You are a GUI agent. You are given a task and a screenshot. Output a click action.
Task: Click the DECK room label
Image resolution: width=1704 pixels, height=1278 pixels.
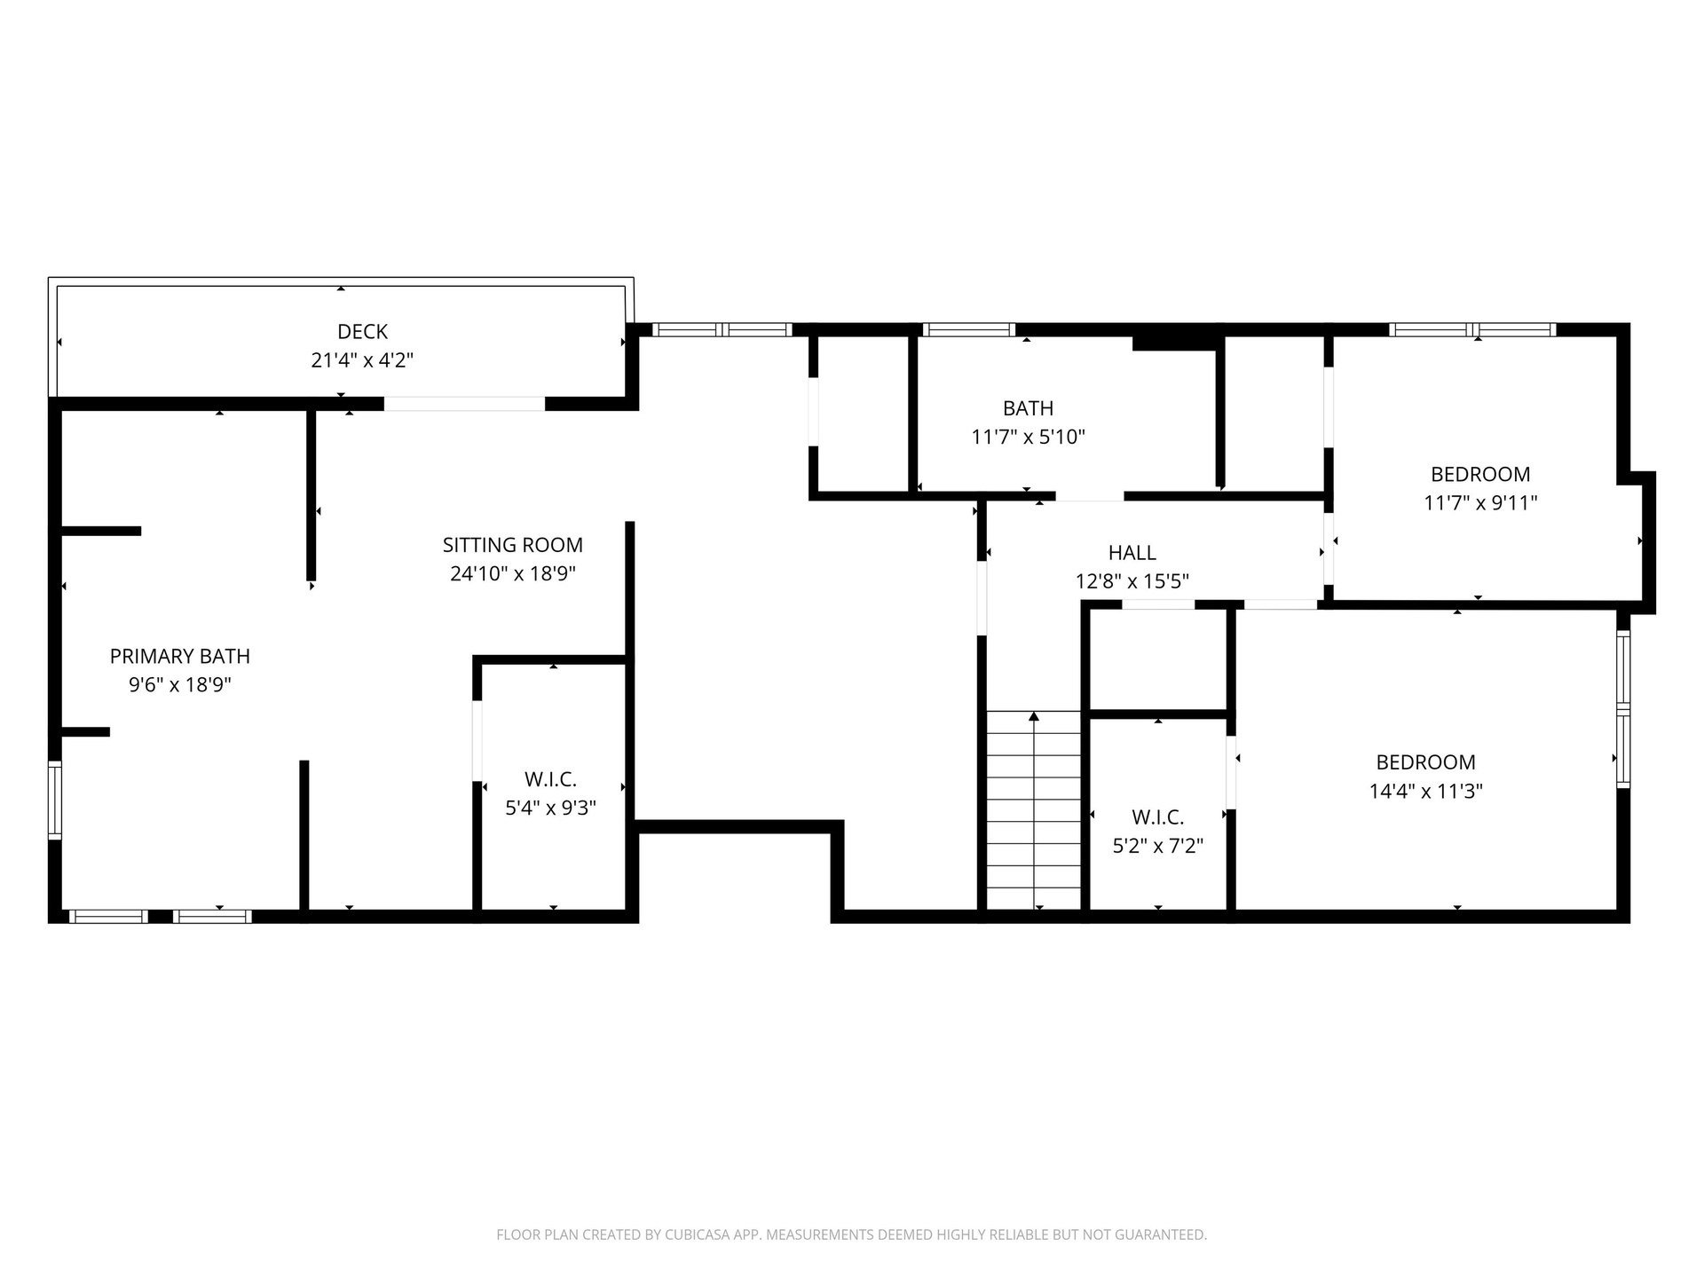[x=362, y=332]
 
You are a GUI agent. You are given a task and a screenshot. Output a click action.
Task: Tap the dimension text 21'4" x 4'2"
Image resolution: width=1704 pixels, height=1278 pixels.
[x=362, y=360]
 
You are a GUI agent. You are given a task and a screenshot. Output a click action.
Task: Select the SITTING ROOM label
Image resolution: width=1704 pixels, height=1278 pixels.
[x=513, y=545]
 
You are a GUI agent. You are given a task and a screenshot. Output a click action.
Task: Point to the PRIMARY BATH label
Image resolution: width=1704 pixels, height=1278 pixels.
[x=180, y=656]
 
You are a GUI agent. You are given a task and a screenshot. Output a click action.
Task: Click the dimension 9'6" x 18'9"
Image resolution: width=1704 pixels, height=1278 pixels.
[x=180, y=685]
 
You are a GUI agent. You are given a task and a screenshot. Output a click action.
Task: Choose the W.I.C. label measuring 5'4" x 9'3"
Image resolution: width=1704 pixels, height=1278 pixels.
[x=550, y=779]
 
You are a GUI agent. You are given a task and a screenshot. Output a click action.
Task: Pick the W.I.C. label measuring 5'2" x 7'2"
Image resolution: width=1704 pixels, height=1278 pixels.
[x=1157, y=817]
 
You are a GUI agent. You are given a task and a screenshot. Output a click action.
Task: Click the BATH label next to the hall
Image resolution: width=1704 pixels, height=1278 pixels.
[x=1028, y=408]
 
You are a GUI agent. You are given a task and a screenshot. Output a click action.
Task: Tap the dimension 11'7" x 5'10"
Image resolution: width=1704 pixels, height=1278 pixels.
[x=1028, y=437]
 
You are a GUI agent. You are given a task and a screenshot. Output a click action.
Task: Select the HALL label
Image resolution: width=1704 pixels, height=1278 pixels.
[x=1132, y=553]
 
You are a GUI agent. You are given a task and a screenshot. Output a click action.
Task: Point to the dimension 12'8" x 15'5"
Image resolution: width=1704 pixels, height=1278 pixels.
[x=1132, y=581]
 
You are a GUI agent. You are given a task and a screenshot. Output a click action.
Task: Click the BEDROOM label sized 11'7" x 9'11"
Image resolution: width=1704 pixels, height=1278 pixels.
[x=1480, y=474]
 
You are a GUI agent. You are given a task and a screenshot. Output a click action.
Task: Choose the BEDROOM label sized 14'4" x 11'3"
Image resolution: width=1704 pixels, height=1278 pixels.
[x=1425, y=762]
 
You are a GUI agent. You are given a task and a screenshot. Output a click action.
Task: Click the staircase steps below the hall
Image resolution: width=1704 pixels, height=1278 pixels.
[x=1034, y=810]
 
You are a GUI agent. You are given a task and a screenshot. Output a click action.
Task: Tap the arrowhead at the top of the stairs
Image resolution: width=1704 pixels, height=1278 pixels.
[x=1034, y=716]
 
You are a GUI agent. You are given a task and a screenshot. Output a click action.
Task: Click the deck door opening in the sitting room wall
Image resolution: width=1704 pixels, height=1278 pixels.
[x=464, y=404]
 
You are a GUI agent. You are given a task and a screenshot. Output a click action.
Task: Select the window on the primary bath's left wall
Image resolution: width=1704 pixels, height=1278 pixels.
[x=55, y=800]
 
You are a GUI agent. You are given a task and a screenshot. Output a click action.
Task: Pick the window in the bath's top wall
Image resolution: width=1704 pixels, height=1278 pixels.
[x=968, y=329]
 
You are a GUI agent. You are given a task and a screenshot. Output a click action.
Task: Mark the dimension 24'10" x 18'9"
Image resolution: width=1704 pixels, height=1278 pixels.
[x=513, y=573]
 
